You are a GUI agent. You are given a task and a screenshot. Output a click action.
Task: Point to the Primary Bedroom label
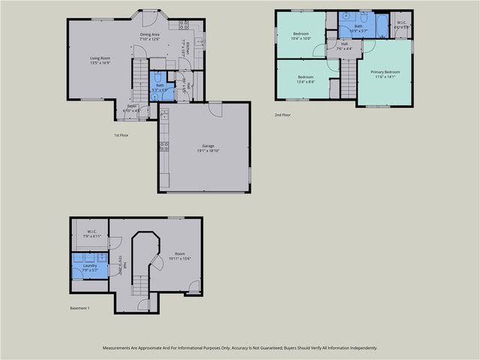click(x=385, y=71)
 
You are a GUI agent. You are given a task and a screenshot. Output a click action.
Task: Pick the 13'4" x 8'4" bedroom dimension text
click(x=305, y=82)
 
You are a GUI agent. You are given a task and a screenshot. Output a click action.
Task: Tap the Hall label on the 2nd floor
click(x=344, y=43)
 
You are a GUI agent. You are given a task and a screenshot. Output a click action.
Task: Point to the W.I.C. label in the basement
click(x=91, y=232)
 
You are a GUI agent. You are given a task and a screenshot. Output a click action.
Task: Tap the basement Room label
click(x=180, y=253)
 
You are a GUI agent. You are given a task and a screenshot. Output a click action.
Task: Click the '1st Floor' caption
click(x=121, y=135)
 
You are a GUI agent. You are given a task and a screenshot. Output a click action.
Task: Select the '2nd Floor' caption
click(x=283, y=115)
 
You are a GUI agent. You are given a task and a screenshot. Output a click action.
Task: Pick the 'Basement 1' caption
click(x=79, y=307)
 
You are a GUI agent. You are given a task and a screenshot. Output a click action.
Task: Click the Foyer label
click(x=132, y=106)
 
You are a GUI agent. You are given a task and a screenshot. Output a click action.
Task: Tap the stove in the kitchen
click(x=183, y=25)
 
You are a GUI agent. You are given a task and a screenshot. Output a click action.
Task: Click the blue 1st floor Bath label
click(x=160, y=85)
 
